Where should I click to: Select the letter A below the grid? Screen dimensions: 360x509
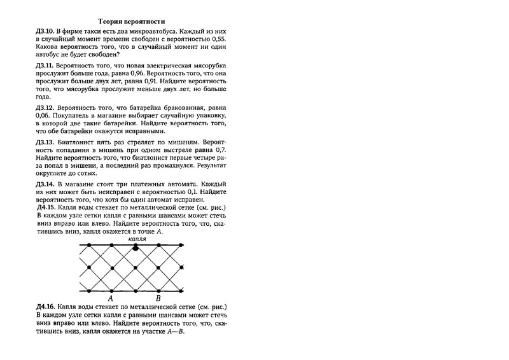[x=111, y=298]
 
